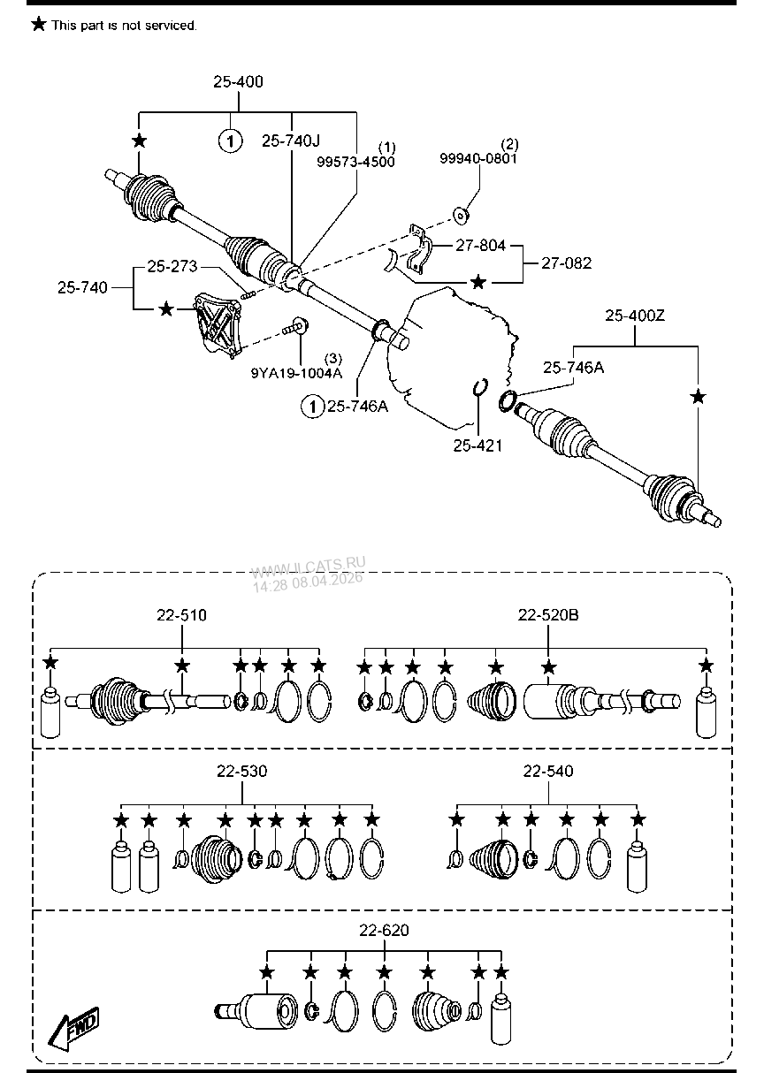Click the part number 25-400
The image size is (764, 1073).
[238, 82]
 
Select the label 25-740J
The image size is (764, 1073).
[290, 141]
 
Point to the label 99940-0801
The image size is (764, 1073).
[478, 158]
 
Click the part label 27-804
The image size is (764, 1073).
[481, 246]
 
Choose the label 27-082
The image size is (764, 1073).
[566, 263]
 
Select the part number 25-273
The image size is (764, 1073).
[172, 265]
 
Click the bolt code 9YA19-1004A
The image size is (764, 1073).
[296, 373]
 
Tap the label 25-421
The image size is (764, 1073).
[477, 445]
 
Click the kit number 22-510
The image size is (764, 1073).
[182, 615]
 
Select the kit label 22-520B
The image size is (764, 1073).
[548, 615]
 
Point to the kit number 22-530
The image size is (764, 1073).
[241, 772]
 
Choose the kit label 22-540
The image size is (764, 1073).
[547, 772]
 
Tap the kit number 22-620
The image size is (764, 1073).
[384, 930]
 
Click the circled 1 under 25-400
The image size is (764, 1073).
[230, 141]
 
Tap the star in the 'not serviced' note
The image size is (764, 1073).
[39, 25]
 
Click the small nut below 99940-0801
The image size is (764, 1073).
[462, 214]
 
